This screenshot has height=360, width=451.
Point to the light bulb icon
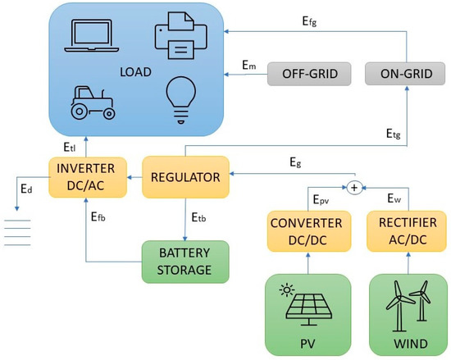click(180, 98)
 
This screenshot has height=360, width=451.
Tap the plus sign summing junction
click(354, 188)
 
